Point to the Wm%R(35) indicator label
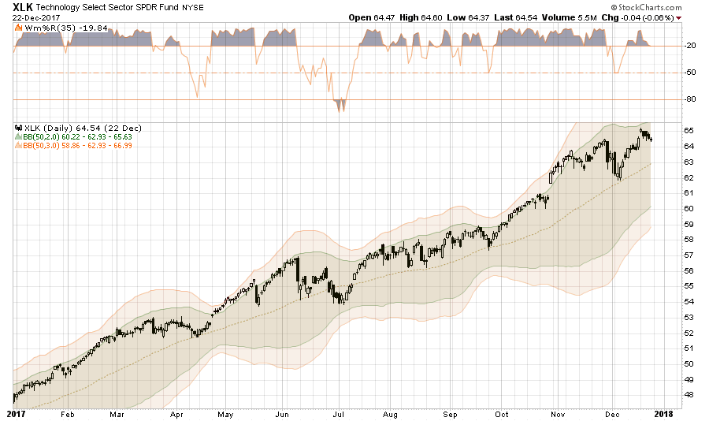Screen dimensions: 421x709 tap(41, 28)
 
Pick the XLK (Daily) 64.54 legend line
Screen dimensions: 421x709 tap(60, 128)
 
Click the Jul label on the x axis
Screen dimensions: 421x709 tap(341, 413)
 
